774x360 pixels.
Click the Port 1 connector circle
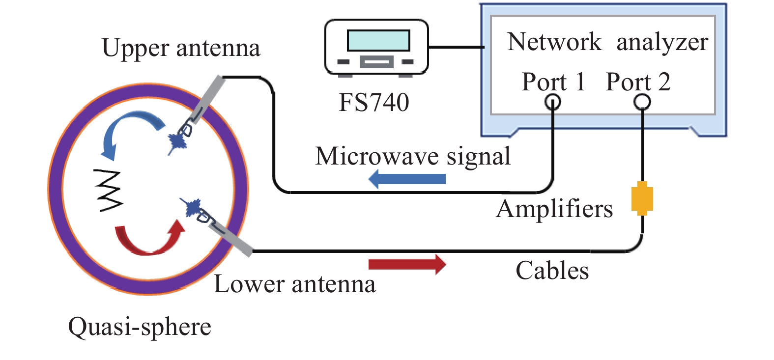(553, 102)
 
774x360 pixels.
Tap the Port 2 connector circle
(642, 102)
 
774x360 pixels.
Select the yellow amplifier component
(642, 198)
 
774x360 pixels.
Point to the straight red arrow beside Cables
(407, 264)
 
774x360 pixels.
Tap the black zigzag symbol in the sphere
(110, 191)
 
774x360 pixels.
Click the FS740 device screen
(378, 40)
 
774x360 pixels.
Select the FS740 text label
(374, 103)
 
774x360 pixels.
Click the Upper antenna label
(181, 48)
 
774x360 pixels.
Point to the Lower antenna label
(295, 284)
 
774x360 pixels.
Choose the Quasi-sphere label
(140, 327)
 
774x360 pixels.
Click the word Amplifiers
(554, 209)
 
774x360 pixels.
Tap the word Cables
(552, 271)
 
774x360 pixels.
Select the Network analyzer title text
(607, 42)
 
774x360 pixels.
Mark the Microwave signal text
(413, 156)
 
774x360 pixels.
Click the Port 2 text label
(638, 82)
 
